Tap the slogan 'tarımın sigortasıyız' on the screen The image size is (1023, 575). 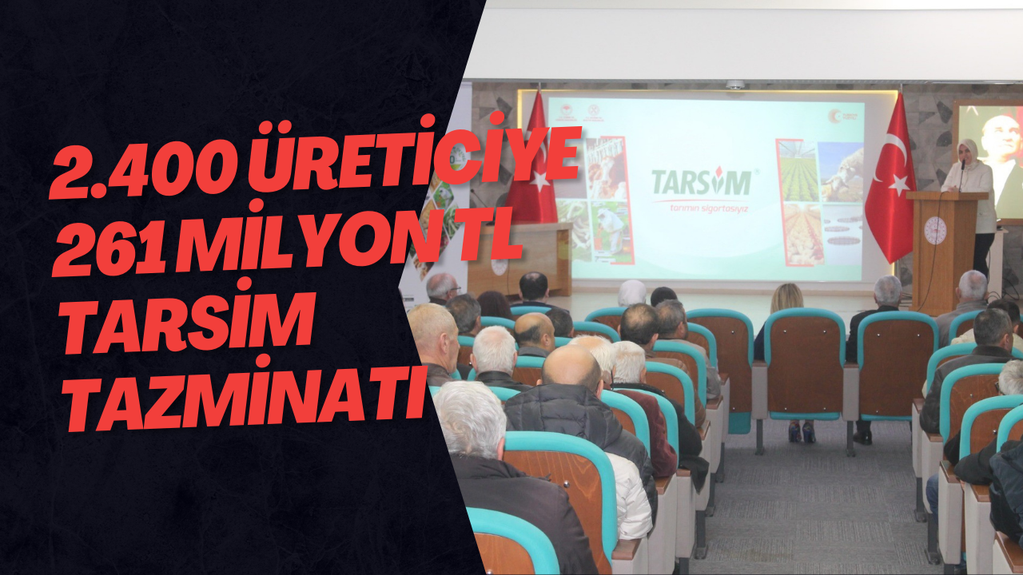[x=701, y=208]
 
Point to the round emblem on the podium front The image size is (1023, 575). [x=935, y=231]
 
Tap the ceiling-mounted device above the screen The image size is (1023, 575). [x=734, y=84]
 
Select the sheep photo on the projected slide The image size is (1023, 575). [x=841, y=172]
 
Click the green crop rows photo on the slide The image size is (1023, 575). [x=798, y=172]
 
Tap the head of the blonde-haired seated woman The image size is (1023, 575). [x=787, y=297]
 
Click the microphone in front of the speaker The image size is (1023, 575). [x=961, y=169]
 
